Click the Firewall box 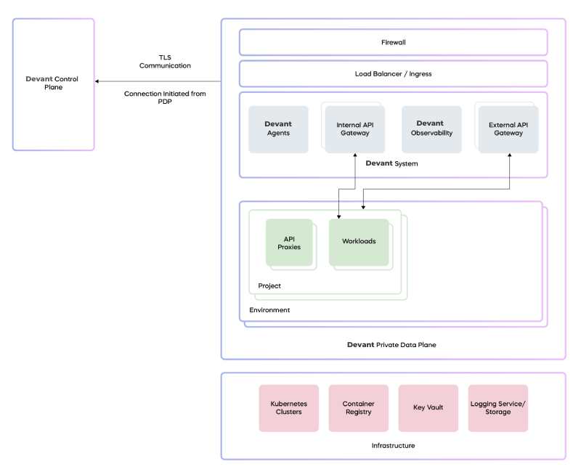(x=393, y=42)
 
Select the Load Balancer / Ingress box (x=393, y=74)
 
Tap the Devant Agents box (x=278, y=129)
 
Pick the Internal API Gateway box (x=355, y=129)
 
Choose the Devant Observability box (x=431, y=129)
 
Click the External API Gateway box (x=508, y=129)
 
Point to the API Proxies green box (x=289, y=243)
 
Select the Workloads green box (x=359, y=243)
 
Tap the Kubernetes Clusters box (x=288, y=408)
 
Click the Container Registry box (x=358, y=408)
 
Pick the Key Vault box (x=428, y=408)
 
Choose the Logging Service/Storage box (x=498, y=408)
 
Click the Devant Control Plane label (x=52, y=83)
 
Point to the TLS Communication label (x=165, y=62)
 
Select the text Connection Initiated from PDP (x=165, y=97)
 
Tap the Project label (x=269, y=285)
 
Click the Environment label (x=269, y=310)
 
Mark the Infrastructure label (x=393, y=445)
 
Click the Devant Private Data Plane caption (x=391, y=344)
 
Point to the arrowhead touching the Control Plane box (x=97, y=81)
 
